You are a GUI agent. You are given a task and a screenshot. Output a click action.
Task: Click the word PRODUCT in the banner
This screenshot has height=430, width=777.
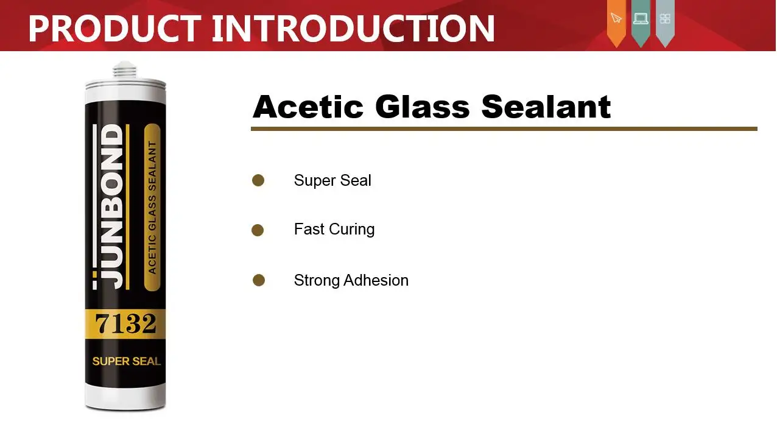[114, 28]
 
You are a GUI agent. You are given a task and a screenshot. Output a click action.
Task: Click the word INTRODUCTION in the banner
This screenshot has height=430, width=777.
[353, 28]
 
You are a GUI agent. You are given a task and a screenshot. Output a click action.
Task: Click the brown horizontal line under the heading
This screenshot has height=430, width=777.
[504, 129]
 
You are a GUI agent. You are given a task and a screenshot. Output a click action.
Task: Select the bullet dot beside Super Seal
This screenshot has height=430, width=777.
[258, 180]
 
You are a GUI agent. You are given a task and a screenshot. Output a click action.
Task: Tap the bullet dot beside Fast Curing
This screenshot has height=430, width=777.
[258, 230]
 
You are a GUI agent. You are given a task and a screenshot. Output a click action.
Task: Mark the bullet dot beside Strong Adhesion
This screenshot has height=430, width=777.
[259, 280]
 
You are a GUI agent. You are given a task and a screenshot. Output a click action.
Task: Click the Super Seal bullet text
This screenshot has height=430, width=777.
[332, 180]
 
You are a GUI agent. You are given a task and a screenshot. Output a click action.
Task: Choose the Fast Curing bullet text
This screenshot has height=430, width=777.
[334, 230]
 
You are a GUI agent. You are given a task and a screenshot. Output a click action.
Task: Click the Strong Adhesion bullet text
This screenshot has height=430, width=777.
[351, 280]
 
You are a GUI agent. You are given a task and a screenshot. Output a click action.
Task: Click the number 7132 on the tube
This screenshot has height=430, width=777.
[125, 323]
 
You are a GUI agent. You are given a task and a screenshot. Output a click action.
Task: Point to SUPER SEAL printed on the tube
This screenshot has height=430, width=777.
[126, 361]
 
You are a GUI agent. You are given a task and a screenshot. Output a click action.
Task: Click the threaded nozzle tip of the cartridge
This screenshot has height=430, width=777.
[125, 70]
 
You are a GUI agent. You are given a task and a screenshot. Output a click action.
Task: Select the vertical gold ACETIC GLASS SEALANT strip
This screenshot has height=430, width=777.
[152, 207]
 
